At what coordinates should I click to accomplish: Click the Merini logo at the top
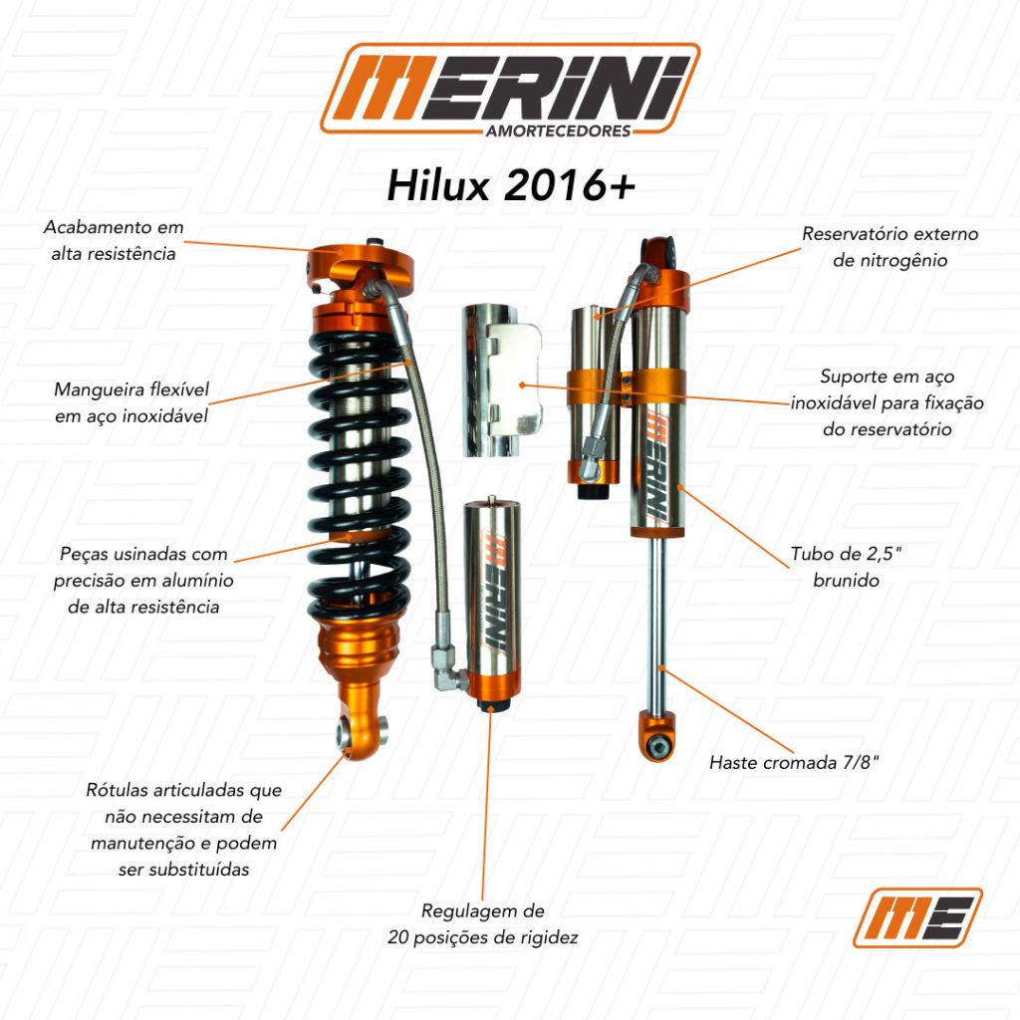point(510,89)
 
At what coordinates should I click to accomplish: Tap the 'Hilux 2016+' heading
point(511,186)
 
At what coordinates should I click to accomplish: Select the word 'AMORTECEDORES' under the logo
point(558,130)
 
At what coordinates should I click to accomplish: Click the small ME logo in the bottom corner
point(917,917)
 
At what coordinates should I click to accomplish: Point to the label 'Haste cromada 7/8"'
point(794,762)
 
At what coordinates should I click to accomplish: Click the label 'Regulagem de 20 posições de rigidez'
point(483,923)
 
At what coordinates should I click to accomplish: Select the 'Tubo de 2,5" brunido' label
point(846,567)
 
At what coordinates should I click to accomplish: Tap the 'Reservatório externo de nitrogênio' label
point(890,247)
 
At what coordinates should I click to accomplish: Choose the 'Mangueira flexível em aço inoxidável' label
point(131,402)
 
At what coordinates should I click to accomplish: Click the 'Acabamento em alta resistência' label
point(114,240)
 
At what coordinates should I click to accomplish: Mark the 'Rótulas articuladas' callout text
point(184,830)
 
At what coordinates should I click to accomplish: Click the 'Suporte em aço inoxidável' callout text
point(888,402)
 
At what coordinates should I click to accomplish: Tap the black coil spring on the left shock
point(359,475)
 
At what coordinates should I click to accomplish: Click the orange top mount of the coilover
point(360,268)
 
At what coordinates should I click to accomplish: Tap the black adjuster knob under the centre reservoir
point(492,706)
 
